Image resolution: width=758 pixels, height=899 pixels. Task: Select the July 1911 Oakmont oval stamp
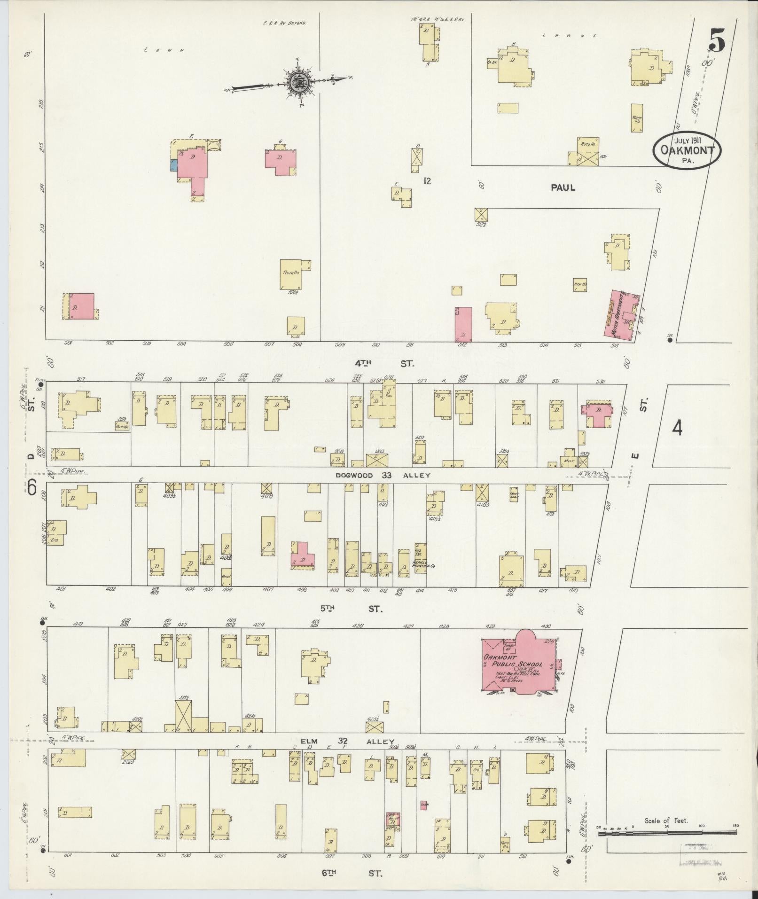click(687, 150)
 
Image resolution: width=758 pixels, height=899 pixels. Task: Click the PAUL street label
click(563, 188)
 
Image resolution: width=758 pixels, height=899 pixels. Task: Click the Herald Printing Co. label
click(424, 565)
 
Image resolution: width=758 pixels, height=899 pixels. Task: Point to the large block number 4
click(677, 428)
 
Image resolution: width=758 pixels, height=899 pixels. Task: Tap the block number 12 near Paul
click(427, 180)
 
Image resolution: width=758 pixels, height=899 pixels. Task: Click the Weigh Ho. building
click(637, 118)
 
